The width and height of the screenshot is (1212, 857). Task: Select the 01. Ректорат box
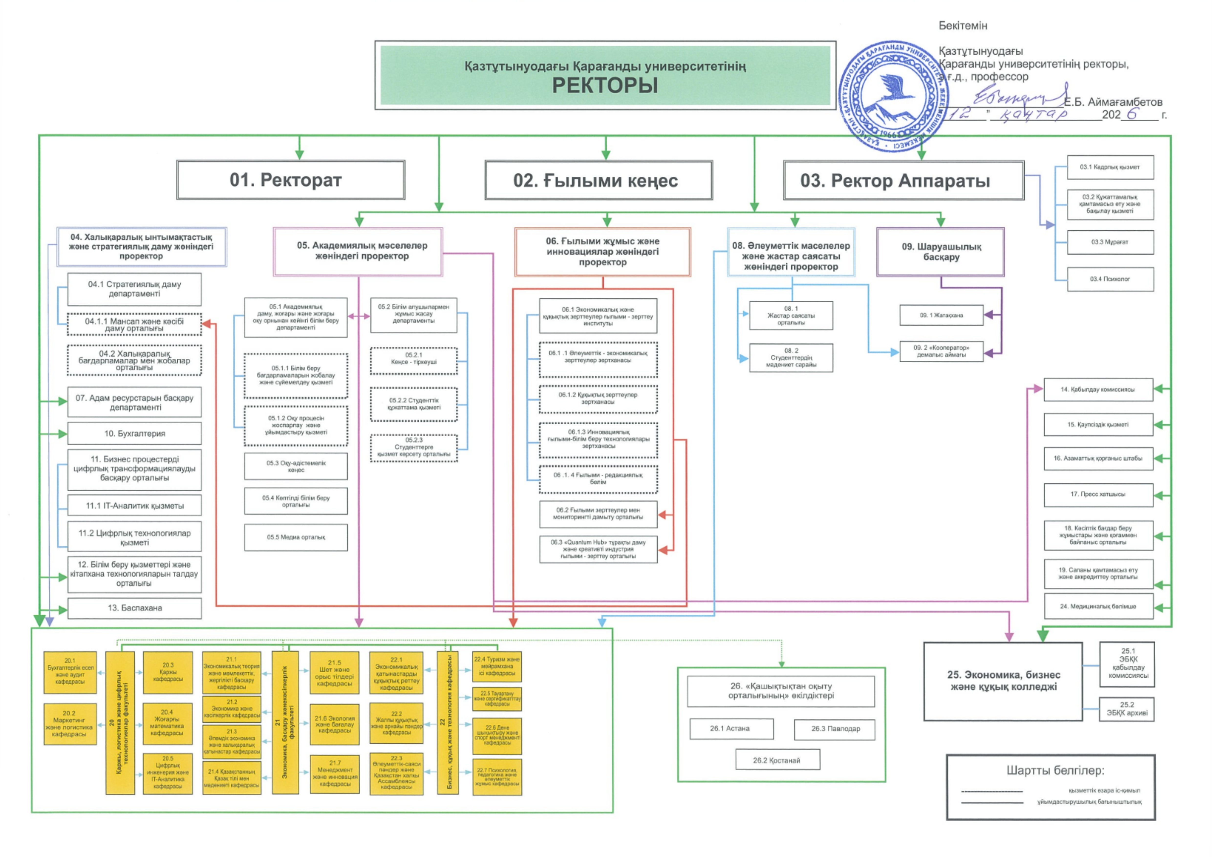click(x=291, y=180)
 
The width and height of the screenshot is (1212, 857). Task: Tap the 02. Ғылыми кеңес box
click(x=599, y=181)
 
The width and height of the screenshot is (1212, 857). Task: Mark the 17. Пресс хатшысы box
click(x=1098, y=494)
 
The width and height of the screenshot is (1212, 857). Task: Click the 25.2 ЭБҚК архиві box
click(x=1126, y=709)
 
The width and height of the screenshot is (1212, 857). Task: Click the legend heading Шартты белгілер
click(x=1055, y=771)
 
